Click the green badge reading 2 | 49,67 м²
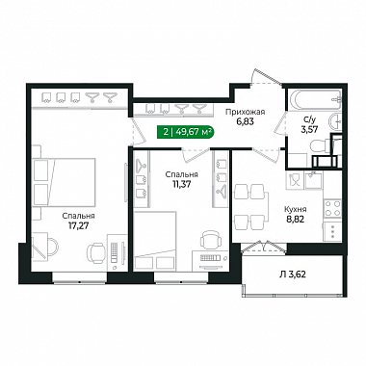tap(185, 132)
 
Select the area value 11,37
tap(181, 184)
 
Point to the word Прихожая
tap(245, 112)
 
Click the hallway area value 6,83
tap(245, 122)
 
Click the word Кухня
tap(296, 209)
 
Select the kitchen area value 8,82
tap(295, 220)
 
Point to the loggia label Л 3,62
tap(292, 274)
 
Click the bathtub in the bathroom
tap(315, 98)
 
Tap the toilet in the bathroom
tap(321, 146)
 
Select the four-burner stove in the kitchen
tap(332, 208)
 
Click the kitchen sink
tap(313, 180)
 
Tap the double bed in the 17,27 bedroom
tap(65, 182)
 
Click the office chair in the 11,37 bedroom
tap(210, 240)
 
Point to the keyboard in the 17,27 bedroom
tap(115, 251)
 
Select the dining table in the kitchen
tap(250, 207)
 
